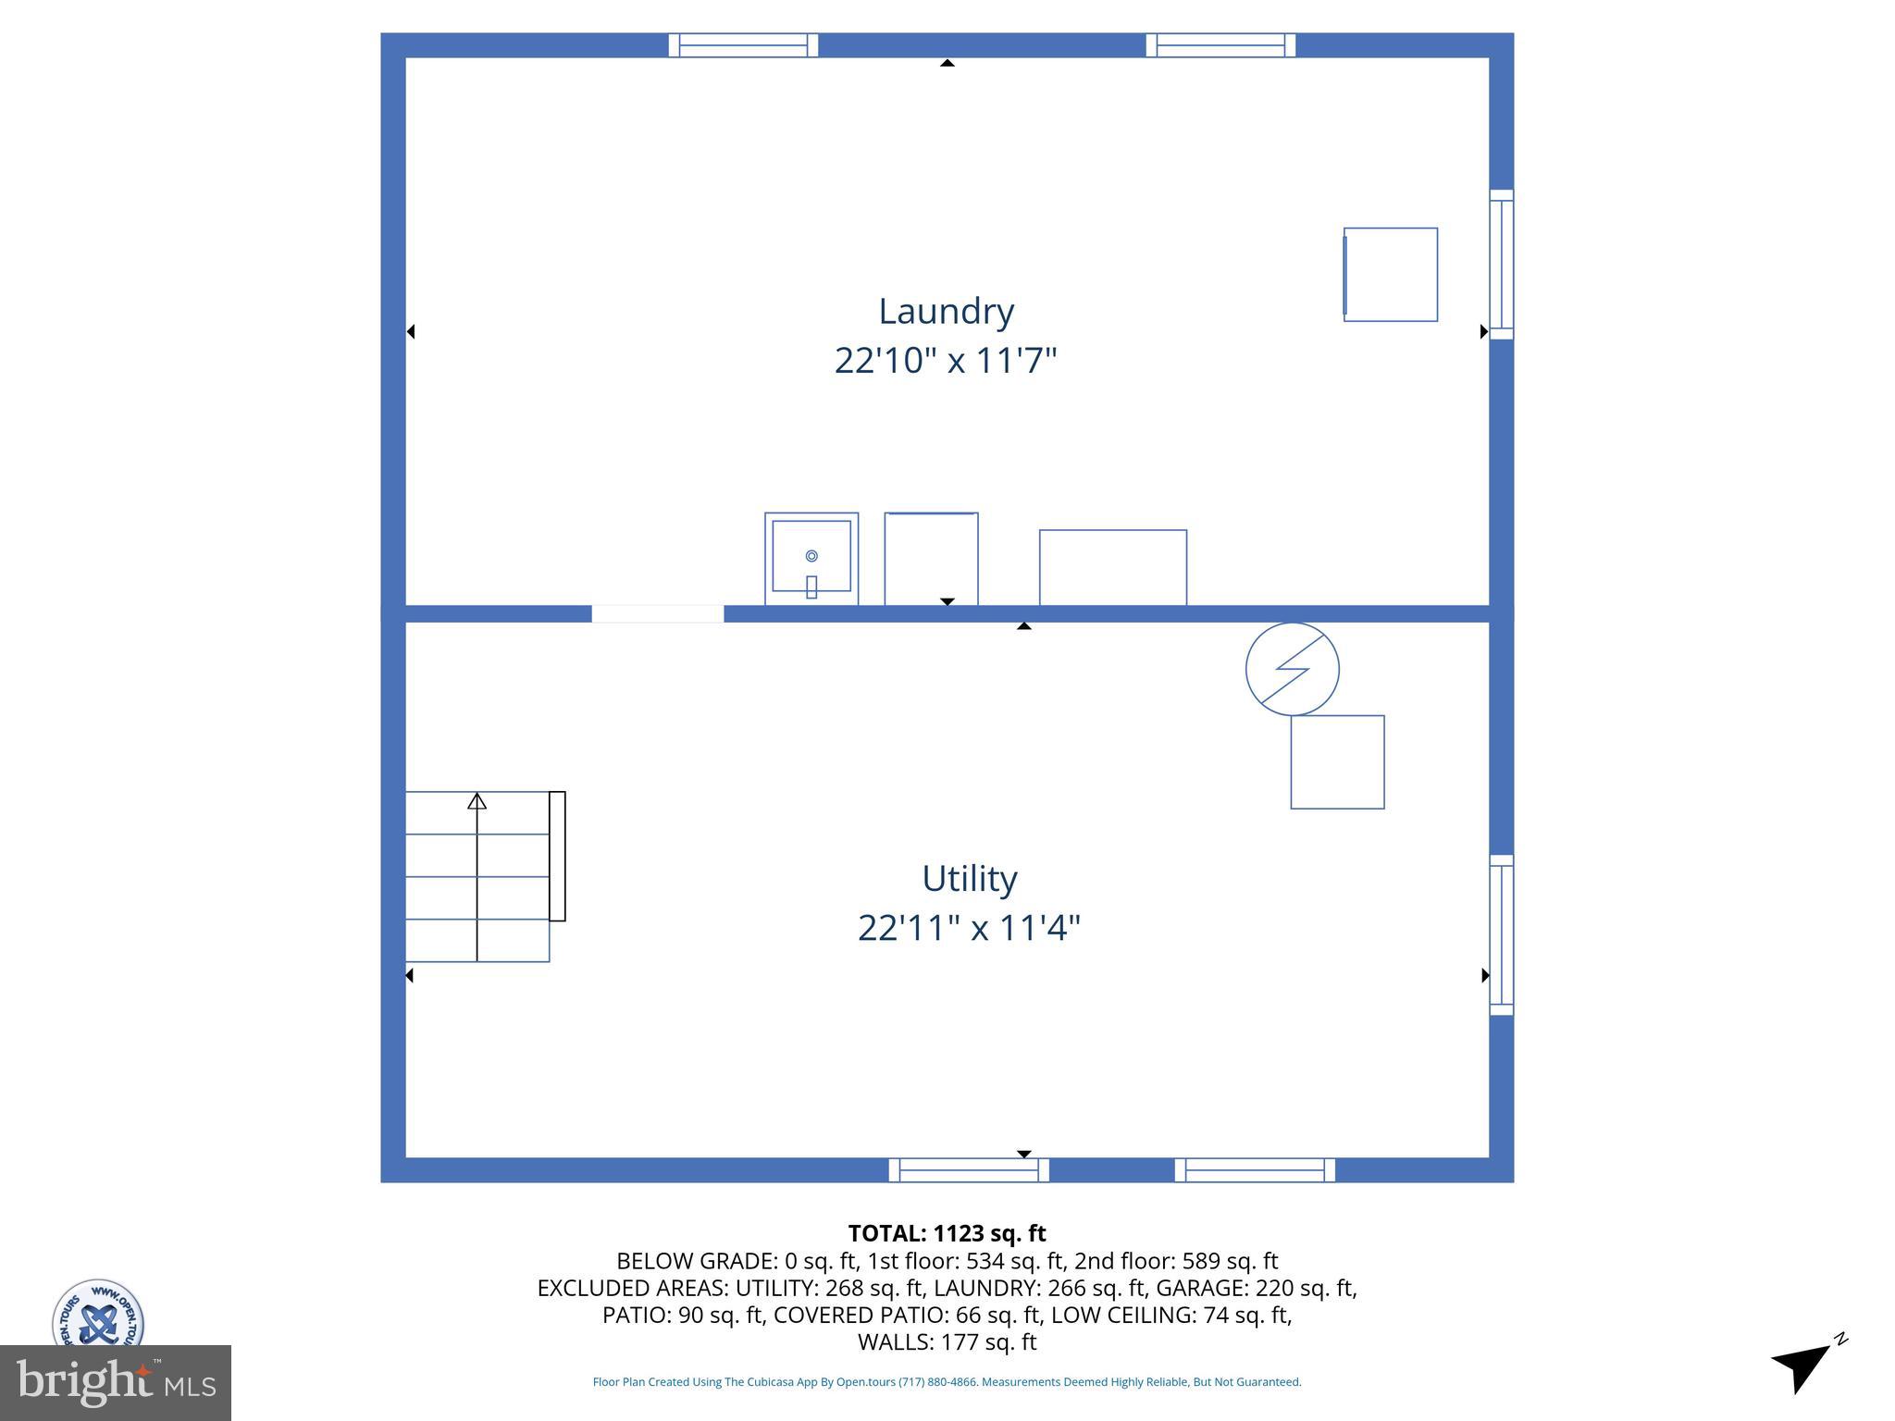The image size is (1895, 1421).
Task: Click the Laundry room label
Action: (x=946, y=311)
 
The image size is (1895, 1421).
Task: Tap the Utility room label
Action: (x=969, y=878)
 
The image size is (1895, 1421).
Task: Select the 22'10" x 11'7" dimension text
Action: (x=946, y=360)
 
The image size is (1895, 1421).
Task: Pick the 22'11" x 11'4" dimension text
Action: (x=969, y=927)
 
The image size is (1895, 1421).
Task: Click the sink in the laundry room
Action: (x=811, y=559)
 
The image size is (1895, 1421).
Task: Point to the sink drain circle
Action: (x=811, y=556)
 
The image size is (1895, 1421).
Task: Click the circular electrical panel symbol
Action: (x=1292, y=669)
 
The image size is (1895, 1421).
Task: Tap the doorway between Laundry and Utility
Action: (x=657, y=613)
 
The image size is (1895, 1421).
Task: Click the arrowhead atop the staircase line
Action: (x=477, y=800)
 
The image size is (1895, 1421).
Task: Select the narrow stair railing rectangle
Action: (x=557, y=856)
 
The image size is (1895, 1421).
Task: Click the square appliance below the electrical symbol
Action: (x=1337, y=762)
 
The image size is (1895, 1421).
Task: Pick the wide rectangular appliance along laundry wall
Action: (x=1112, y=567)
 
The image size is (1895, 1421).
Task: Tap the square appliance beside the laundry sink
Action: (x=931, y=559)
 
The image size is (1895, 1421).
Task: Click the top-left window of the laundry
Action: (x=743, y=45)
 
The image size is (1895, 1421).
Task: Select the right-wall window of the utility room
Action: (x=1501, y=934)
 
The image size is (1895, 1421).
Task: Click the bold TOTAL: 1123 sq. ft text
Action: (x=947, y=1233)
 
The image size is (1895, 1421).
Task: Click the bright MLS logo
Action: (x=116, y=1382)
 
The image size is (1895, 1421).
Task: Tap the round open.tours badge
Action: (x=97, y=1314)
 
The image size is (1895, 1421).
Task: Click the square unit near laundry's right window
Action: (x=1390, y=275)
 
